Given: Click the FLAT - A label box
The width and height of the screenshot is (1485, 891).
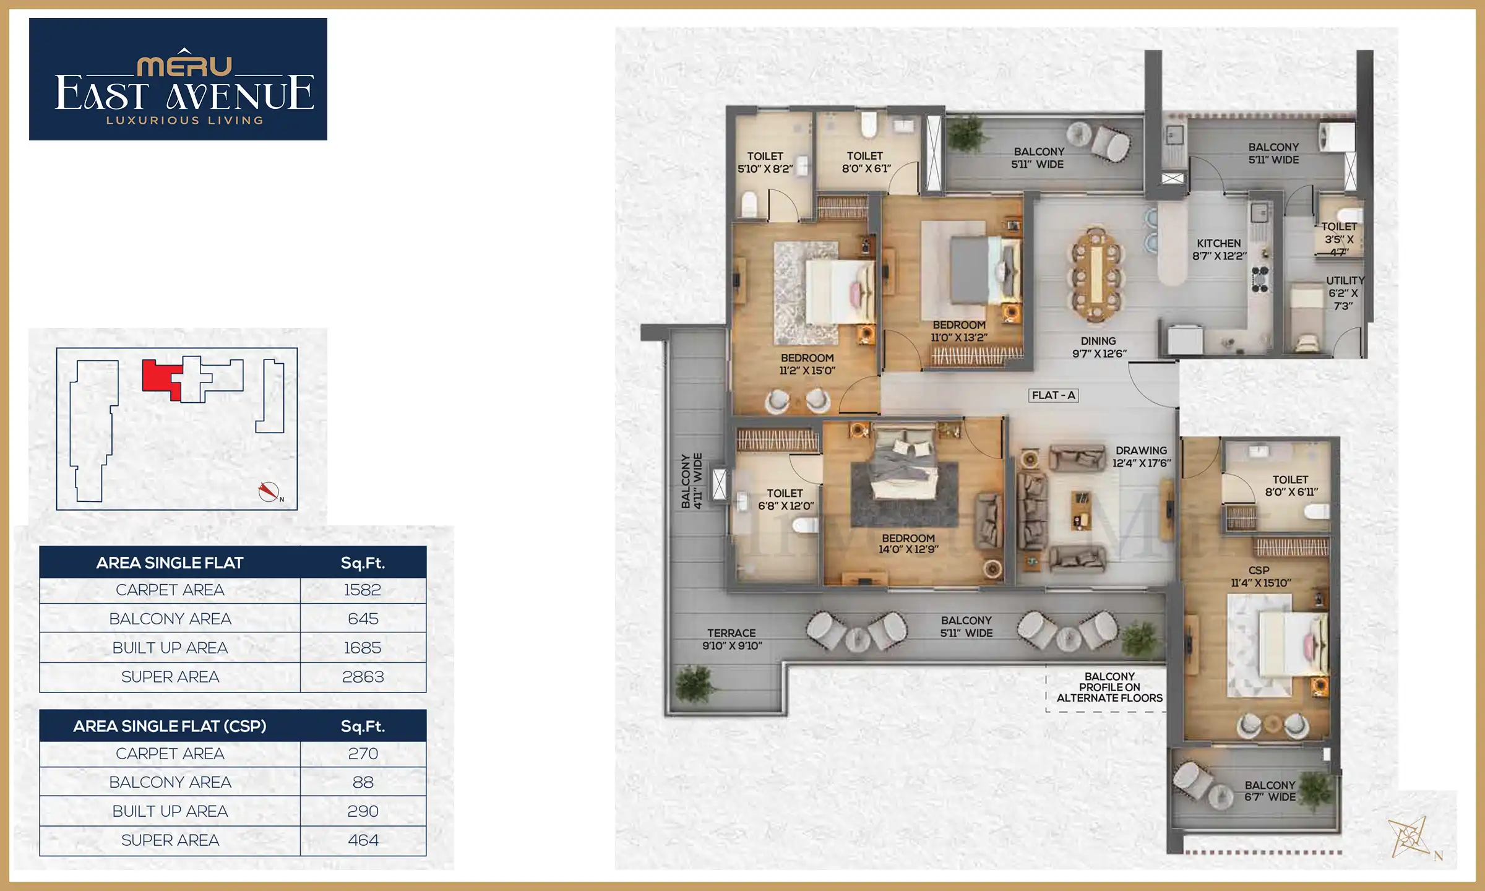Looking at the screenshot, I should [1053, 395].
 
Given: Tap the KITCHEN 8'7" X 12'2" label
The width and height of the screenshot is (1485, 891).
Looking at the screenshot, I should [1218, 249].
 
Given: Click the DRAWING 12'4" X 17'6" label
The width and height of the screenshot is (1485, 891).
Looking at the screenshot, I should [1141, 457].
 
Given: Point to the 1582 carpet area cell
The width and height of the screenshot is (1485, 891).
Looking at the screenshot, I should [363, 590].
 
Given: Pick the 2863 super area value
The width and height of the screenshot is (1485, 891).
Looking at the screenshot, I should [363, 677].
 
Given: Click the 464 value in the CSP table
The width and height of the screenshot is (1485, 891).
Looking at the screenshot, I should [363, 840].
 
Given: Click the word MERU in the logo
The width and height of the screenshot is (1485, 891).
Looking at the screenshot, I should [184, 66].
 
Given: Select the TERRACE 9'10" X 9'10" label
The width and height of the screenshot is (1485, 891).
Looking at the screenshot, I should [731, 639].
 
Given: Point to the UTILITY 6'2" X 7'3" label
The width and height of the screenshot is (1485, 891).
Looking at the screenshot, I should [1344, 293].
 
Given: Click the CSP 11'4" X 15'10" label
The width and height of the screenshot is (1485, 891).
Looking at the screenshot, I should [1260, 577].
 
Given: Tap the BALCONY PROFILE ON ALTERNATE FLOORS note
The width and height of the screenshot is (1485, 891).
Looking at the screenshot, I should [1109, 687].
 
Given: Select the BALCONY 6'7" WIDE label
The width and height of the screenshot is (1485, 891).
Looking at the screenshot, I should [1270, 791].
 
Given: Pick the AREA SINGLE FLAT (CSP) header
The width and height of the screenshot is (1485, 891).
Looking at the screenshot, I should [170, 726].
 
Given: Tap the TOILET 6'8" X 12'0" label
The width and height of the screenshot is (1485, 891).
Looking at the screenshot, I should [785, 499].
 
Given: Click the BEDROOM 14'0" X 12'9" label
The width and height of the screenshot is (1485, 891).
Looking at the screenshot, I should [908, 543].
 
